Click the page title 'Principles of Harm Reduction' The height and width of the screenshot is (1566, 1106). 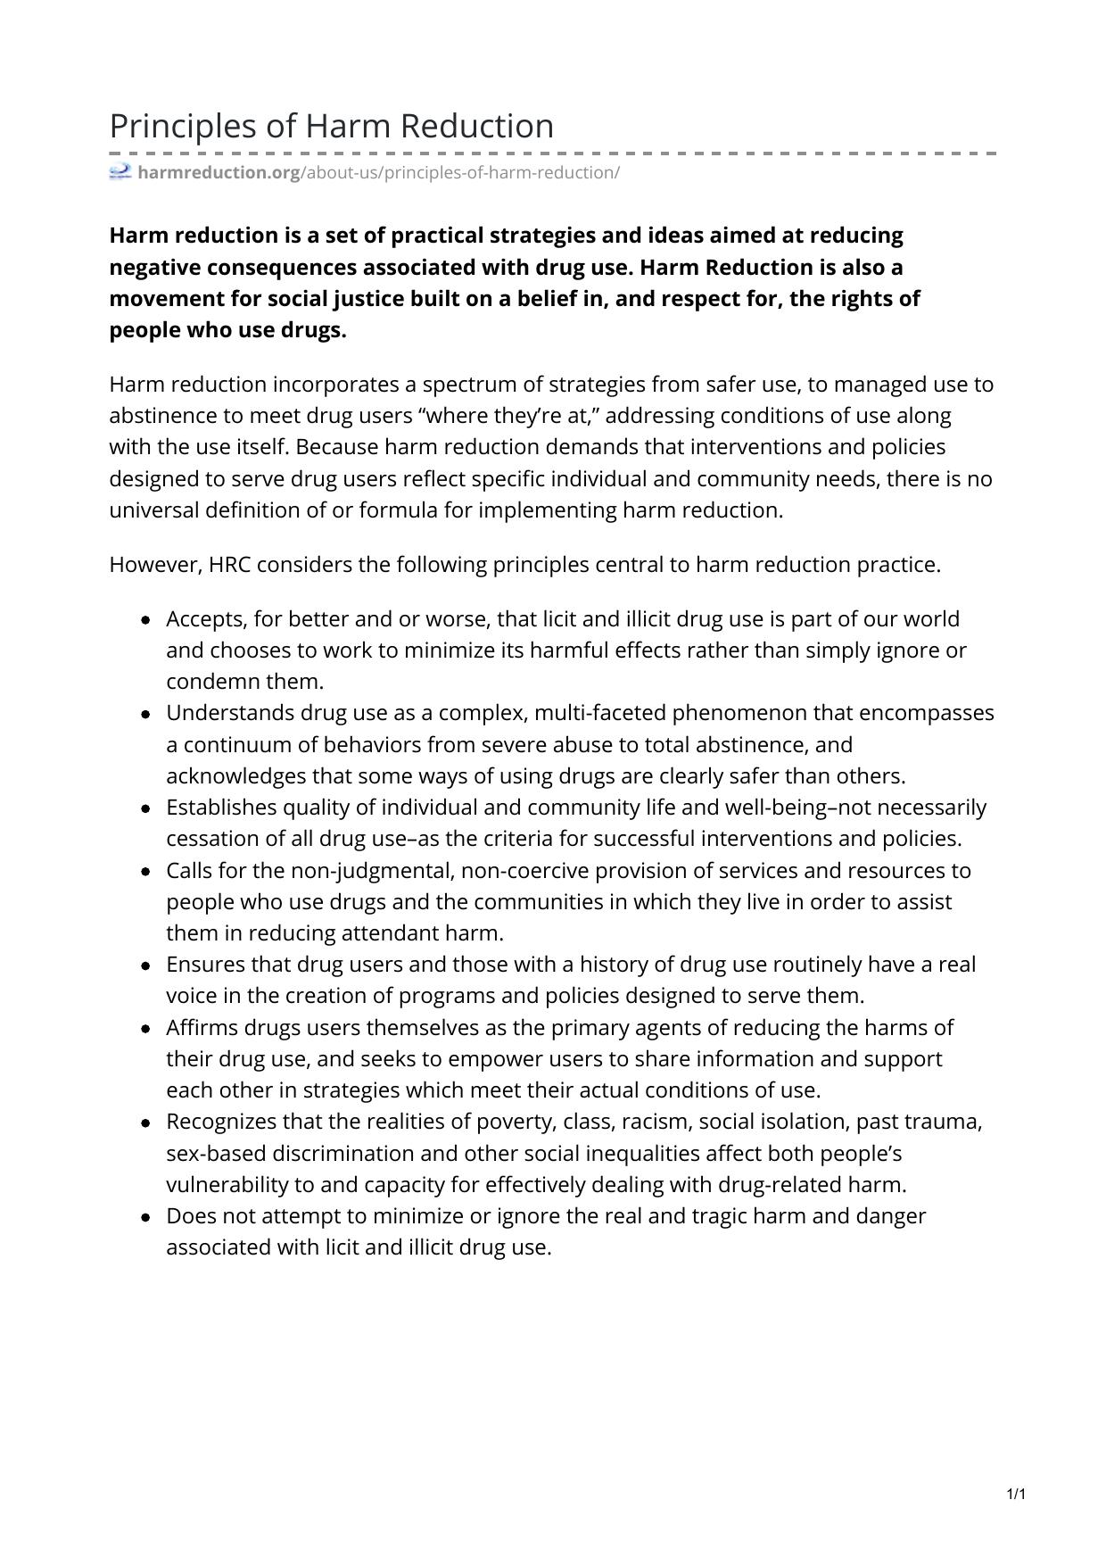pyautogui.click(x=331, y=126)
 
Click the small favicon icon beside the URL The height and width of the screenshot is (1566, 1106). pyautogui.click(x=120, y=171)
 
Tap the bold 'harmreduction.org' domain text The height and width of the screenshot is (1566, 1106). pyautogui.click(x=219, y=172)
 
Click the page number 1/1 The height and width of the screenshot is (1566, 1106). pyautogui.click(x=1016, y=1494)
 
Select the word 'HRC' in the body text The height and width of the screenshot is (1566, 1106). pyautogui.click(x=230, y=565)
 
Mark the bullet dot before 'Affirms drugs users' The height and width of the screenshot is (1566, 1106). pyautogui.click(x=145, y=1029)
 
